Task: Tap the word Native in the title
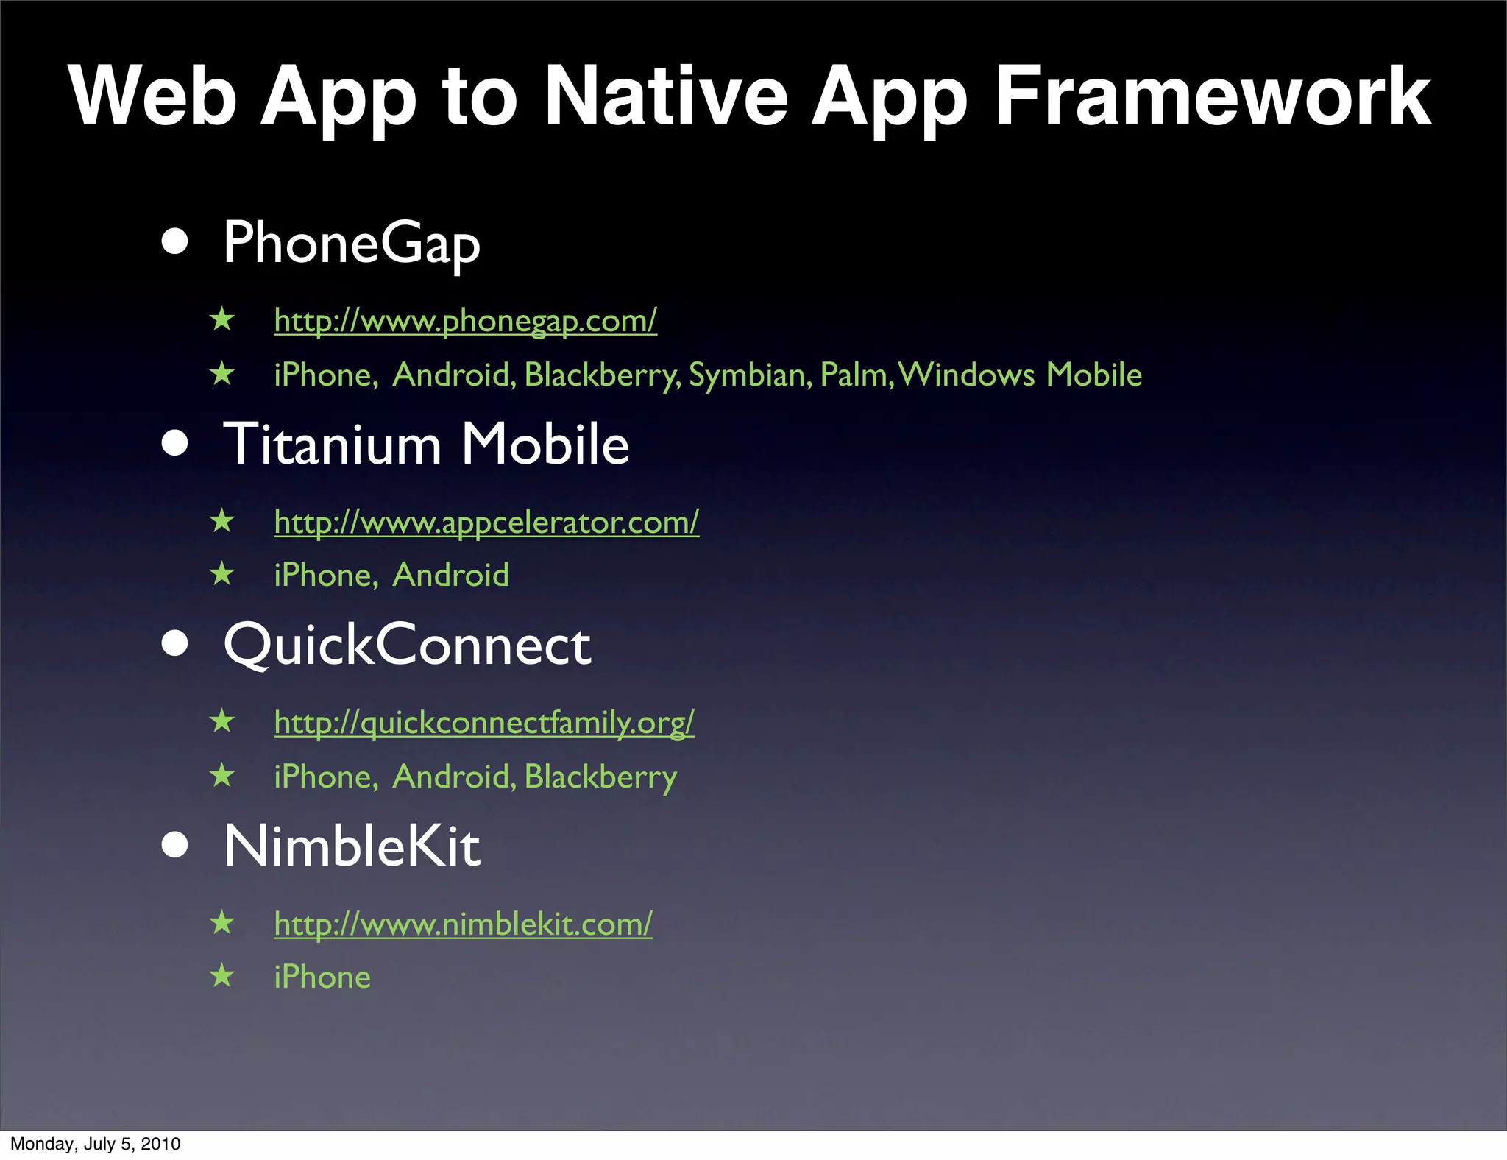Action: click(x=666, y=96)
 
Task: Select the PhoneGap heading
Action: click(x=352, y=243)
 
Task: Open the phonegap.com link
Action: click(x=465, y=321)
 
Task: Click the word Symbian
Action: click(x=750, y=375)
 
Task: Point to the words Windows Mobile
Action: click(x=1020, y=375)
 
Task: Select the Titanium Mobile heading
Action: click(x=426, y=445)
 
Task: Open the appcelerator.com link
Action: click(x=486, y=523)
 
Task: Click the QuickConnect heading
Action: click(x=407, y=645)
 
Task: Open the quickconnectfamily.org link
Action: click(x=484, y=723)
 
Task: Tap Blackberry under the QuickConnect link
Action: click(x=600, y=777)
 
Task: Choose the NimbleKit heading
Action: click(x=352, y=846)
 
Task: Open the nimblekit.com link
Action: click(x=463, y=924)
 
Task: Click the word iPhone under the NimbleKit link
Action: click(x=322, y=977)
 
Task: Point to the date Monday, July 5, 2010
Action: click(x=96, y=1144)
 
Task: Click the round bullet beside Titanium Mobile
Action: click(x=175, y=444)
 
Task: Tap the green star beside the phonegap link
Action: click(x=221, y=320)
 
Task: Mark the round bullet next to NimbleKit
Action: click(x=175, y=846)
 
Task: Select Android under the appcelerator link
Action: click(x=450, y=576)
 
